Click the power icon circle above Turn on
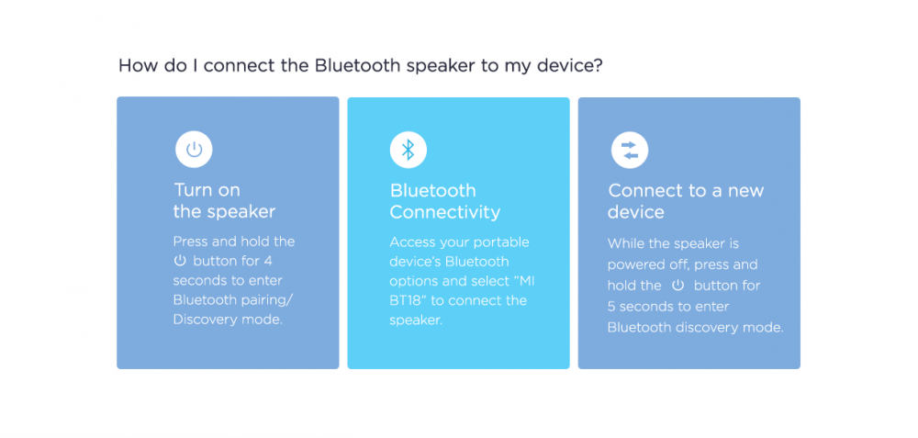click(194, 150)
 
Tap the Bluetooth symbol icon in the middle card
click(409, 150)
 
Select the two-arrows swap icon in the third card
click(630, 150)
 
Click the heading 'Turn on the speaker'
click(224, 200)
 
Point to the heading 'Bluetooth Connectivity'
click(445, 201)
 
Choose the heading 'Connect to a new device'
click(686, 201)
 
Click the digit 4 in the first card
click(268, 261)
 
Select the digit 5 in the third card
click(611, 307)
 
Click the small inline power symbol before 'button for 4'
click(180, 261)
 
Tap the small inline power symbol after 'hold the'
click(678, 286)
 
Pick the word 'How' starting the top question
click(135, 65)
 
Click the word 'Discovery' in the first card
click(203, 320)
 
